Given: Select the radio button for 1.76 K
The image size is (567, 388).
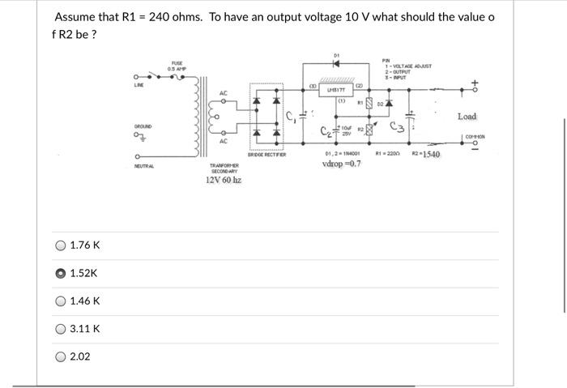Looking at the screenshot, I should pyautogui.click(x=60, y=245).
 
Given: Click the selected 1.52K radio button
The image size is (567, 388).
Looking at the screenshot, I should pyautogui.click(x=60, y=273).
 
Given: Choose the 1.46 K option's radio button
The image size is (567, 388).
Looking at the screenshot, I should pyautogui.click(x=60, y=301).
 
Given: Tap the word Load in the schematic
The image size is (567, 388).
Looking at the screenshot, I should pyautogui.click(x=467, y=117).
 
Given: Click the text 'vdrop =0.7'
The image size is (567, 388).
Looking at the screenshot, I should pyautogui.click(x=341, y=164).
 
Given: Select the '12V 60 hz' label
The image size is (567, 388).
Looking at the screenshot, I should pyautogui.click(x=223, y=180).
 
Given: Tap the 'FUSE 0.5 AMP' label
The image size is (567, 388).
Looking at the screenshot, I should pyautogui.click(x=176, y=66).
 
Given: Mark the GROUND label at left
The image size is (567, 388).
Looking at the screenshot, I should pyautogui.click(x=144, y=127).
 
